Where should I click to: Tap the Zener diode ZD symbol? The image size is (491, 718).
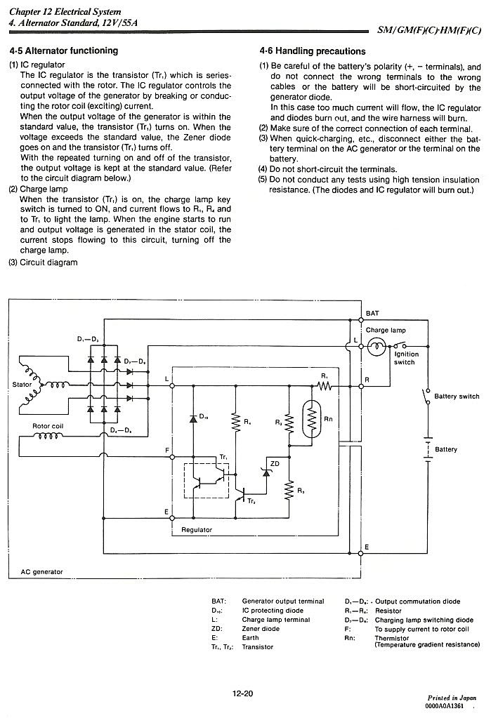(266, 472)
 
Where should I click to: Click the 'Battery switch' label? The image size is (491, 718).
(457, 397)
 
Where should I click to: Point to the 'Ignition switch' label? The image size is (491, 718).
(406, 358)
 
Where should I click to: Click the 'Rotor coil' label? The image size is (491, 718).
(48, 426)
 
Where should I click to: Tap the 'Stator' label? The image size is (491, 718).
(22, 385)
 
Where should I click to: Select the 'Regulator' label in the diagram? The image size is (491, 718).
(197, 530)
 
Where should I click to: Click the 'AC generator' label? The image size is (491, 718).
(41, 571)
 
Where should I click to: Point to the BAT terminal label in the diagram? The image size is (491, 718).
(372, 313)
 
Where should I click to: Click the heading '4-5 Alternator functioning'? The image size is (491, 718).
(64, 51)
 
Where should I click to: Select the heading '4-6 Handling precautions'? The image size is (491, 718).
(312, 51)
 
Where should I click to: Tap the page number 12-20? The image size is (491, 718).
(242, 693)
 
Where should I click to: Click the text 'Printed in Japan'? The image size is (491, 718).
(452, 698)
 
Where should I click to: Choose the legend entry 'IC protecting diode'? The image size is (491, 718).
(273, 611)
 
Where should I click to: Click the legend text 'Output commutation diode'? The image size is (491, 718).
(418, 601)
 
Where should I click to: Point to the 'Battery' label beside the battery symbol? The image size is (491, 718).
(446, 449)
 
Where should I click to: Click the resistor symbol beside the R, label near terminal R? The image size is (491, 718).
(325, 386)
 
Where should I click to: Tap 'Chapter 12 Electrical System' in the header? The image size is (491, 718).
(65, 11)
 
